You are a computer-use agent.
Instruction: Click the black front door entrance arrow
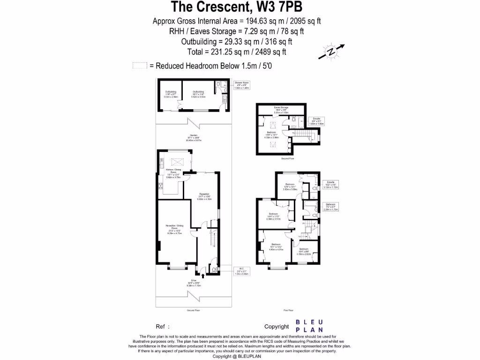202,275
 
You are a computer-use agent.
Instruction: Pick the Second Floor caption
287,159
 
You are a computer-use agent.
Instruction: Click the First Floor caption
288,310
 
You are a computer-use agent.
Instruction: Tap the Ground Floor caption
194,310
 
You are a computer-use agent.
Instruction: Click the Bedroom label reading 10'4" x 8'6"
303,252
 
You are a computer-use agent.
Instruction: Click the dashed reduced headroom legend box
140,66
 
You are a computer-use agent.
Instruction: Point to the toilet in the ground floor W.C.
214,270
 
